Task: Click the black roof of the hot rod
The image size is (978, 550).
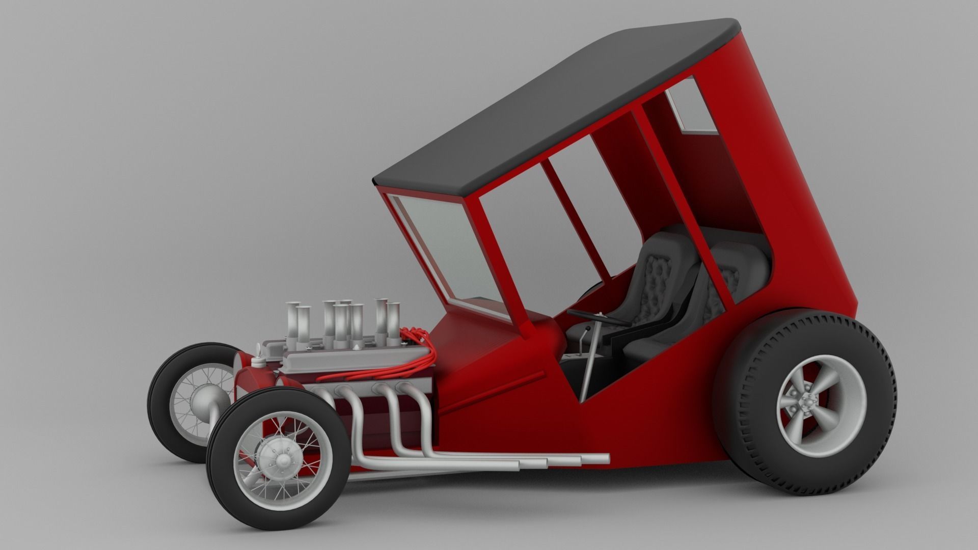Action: coord(550,107)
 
